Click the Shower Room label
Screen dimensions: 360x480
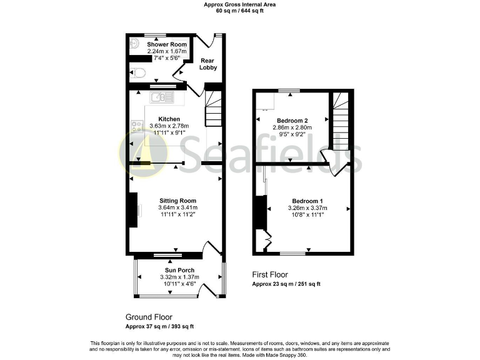coord(167,44)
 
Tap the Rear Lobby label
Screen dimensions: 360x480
coord(208,64)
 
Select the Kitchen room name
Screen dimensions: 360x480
coord(169,119)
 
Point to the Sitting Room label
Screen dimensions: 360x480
coord(175,201)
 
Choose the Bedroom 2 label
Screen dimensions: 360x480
coord(292,120)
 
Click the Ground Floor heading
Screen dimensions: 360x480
coord(149,317)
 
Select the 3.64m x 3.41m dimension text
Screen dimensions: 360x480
coord(177,207)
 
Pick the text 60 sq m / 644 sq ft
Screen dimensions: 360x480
coord(240,11)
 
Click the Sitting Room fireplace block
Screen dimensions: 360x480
coord(132,210)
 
